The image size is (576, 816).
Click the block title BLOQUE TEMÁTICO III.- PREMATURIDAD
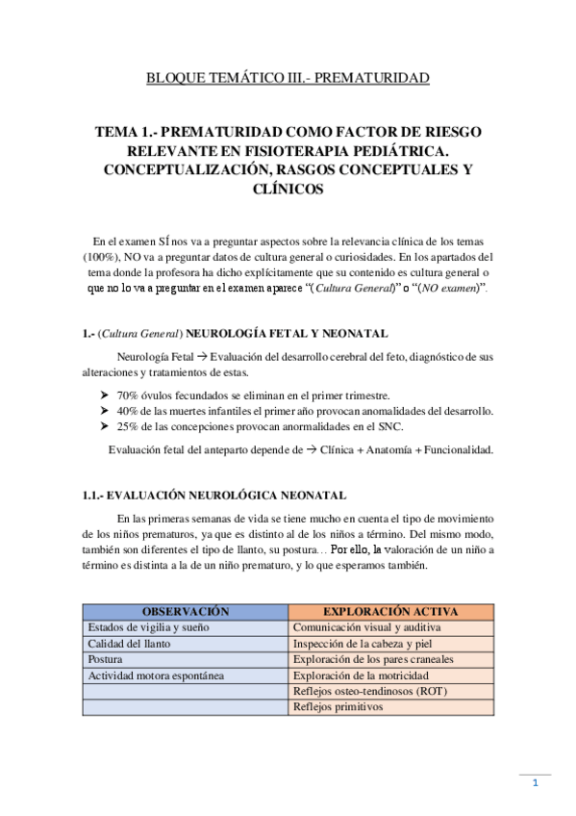[x=287, y=77]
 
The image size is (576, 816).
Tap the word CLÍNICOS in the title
[x=287, y=190]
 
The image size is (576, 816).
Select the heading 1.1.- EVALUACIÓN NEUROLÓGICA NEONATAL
[x=214, y=496]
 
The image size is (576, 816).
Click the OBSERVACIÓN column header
[x=185, y=611]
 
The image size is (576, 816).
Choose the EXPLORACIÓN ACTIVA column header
[x=390, y=611]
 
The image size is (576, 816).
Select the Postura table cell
[x=105, y=660]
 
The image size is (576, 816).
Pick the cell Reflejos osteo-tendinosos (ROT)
[x=370, y=692]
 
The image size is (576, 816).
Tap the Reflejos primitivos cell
[x=338, y=707]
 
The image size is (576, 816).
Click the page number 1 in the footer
[x=536, y=783]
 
